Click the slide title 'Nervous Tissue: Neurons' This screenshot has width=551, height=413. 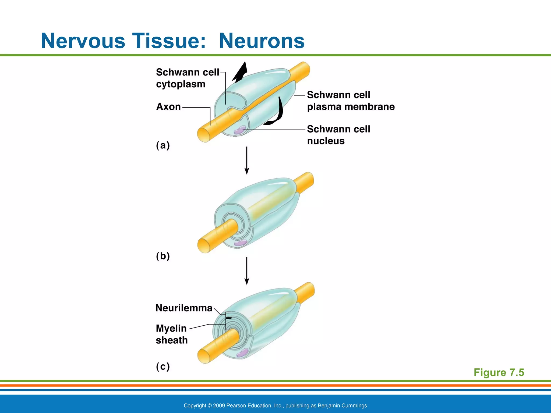[172, 41]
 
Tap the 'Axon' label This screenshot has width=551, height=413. [168, 107]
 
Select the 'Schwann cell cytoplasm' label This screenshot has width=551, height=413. [188, 78]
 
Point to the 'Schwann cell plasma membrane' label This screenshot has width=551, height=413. [351, 101]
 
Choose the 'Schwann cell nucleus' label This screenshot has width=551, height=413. [338, 135]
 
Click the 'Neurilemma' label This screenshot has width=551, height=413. [184, 308]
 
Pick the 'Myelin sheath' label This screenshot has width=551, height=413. [172, 334]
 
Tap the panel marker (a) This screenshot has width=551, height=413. [163, 145]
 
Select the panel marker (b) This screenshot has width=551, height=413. [163, 256]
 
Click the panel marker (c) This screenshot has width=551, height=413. [163, 366]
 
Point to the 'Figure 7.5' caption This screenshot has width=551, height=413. [499, 372]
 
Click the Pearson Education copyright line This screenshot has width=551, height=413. [275, 405]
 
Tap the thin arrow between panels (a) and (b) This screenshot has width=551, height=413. [247, 160]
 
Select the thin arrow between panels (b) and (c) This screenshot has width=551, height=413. [247, 270]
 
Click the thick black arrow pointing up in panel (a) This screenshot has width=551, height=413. [240, 72]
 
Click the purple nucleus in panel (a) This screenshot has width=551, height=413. [239, 130]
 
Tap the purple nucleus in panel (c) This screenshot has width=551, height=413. [242, 353]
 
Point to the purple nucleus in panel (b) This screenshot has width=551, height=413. [240, 243]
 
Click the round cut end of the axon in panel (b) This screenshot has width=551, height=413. [204, 245]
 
